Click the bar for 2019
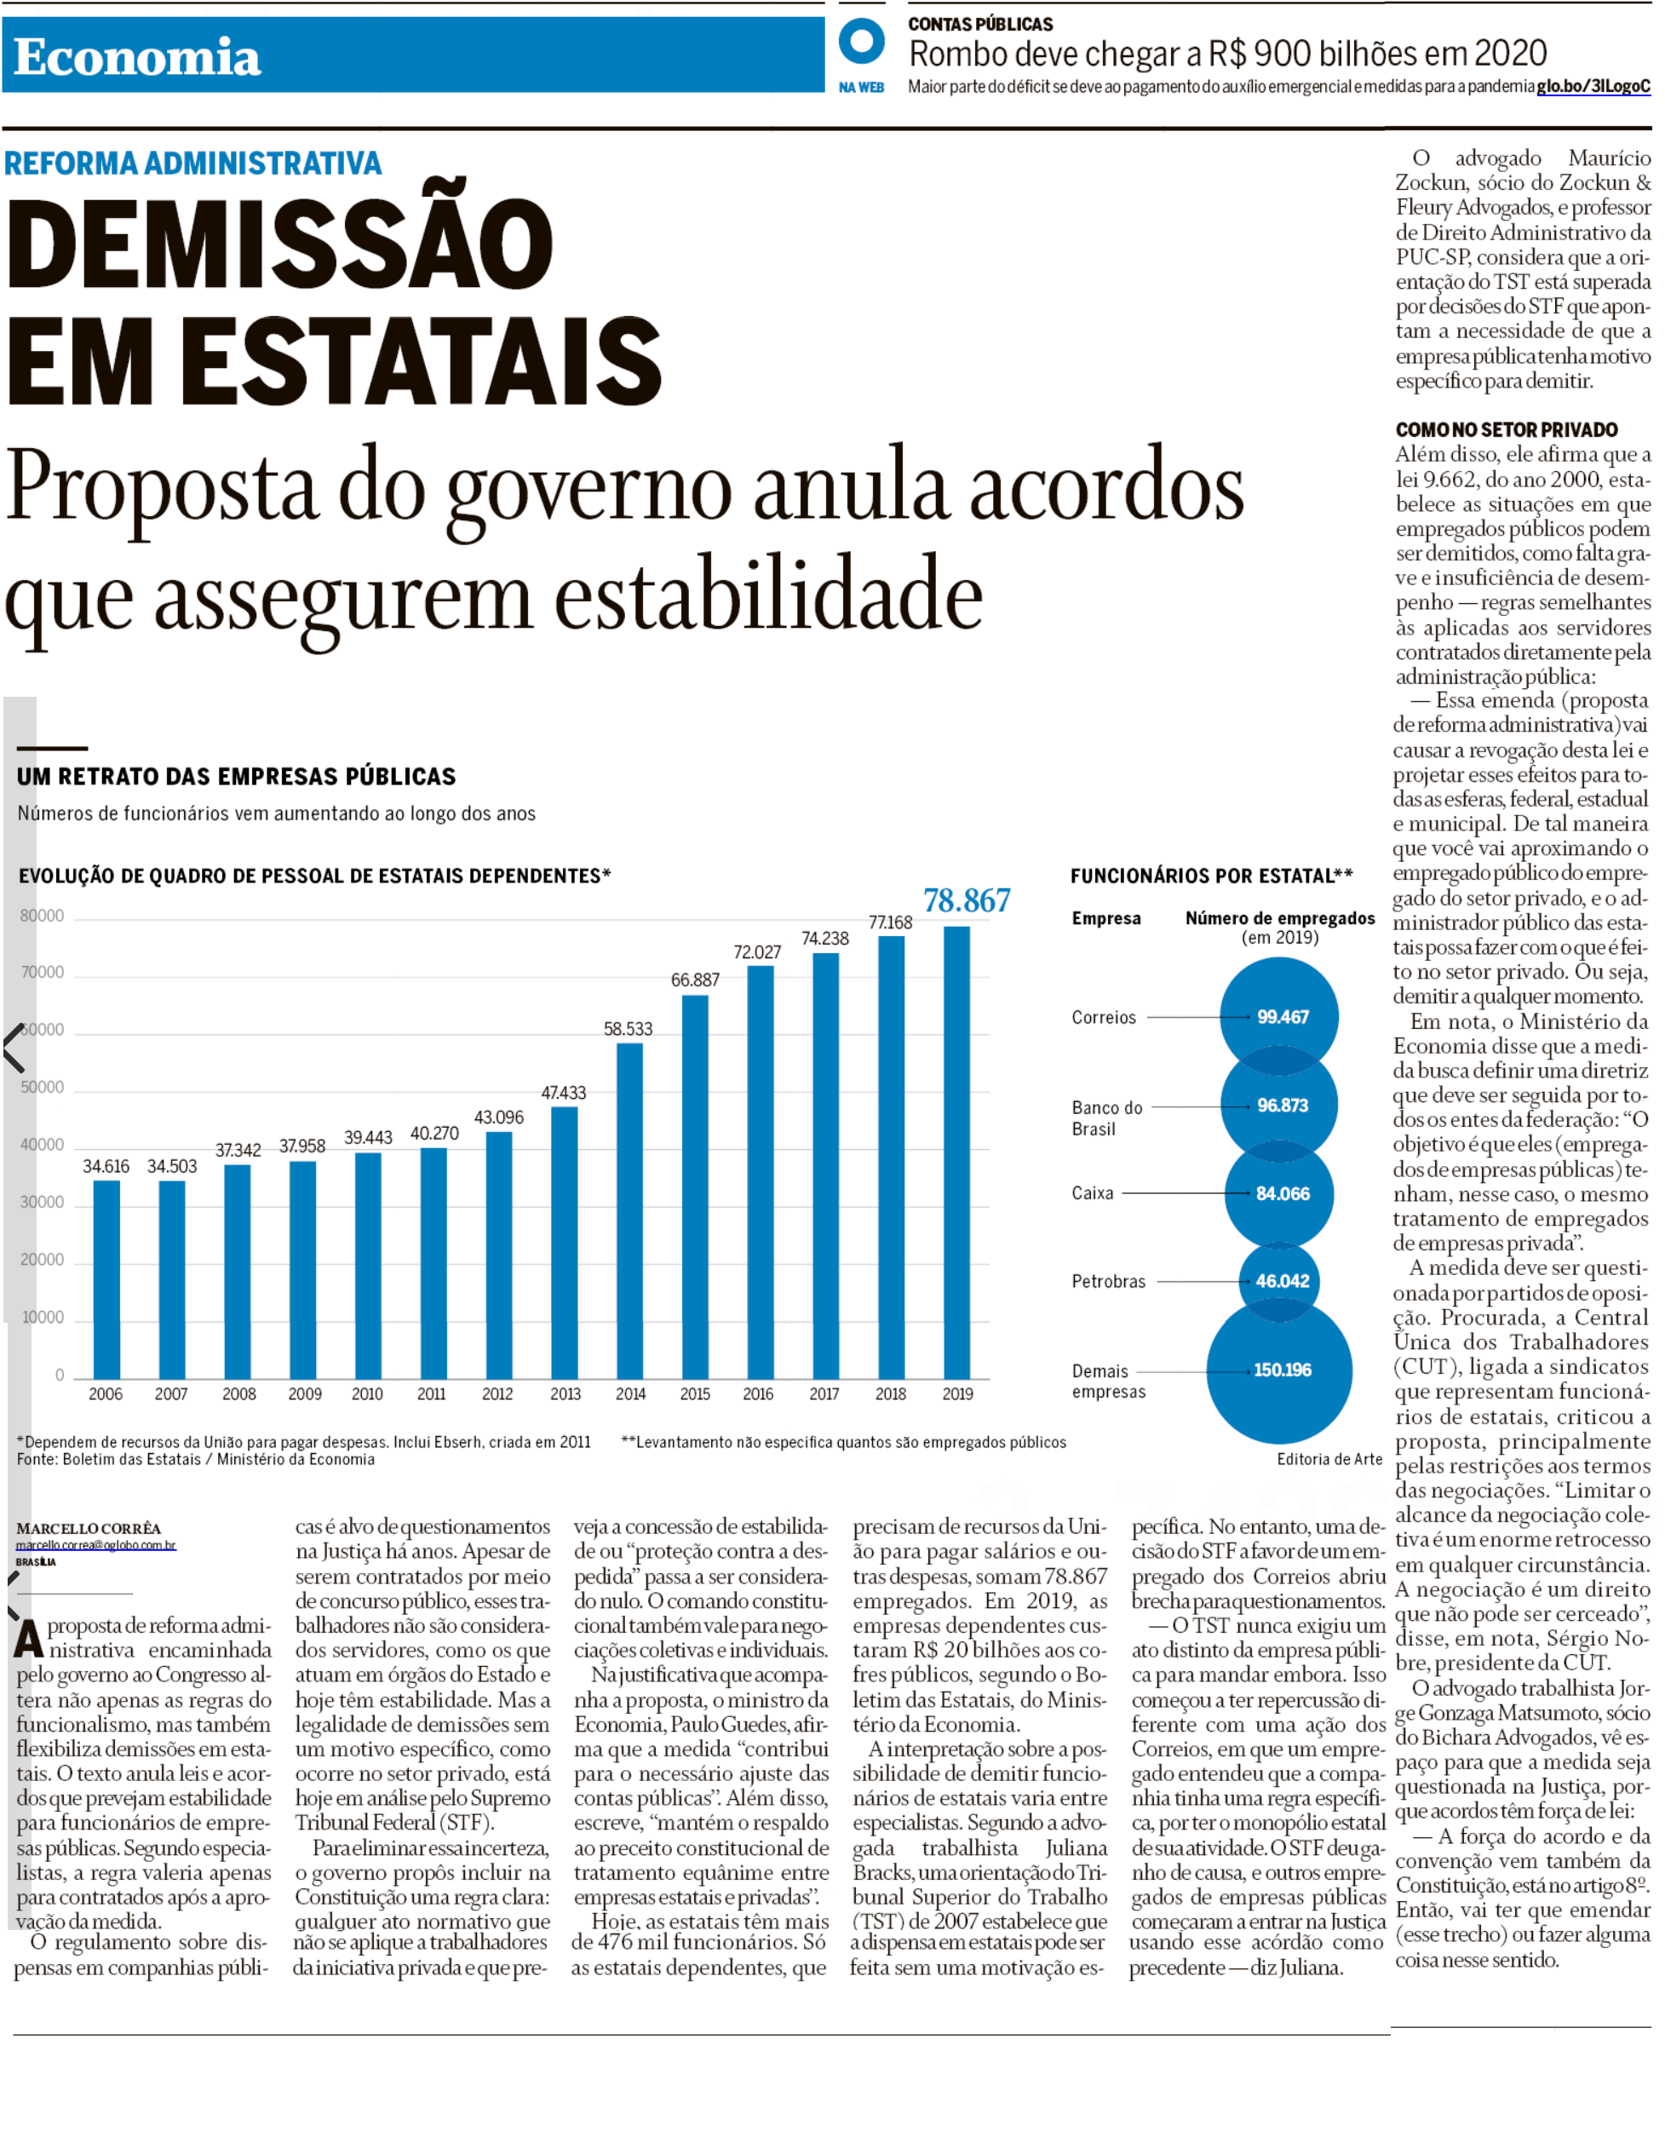pos(956,1152)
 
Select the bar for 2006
pos(106,1279)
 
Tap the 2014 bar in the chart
pos(629,1210)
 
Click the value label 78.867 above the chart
pos(967,900)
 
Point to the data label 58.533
pos(628,1029)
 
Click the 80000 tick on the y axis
pos(43,916)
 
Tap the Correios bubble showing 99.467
pos(1279,1016)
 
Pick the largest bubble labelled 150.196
pos(1279,1370)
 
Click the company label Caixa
pos(1093,1193)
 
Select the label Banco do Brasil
pos(1107,1118)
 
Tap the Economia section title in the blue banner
pos(137,57)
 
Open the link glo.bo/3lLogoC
pos(1593,87)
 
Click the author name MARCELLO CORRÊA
pos(89,1529)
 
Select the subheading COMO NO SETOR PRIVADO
pos(1507,430)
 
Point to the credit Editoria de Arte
pos(1329,1459)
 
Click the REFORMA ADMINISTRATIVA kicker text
pos(192,164)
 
